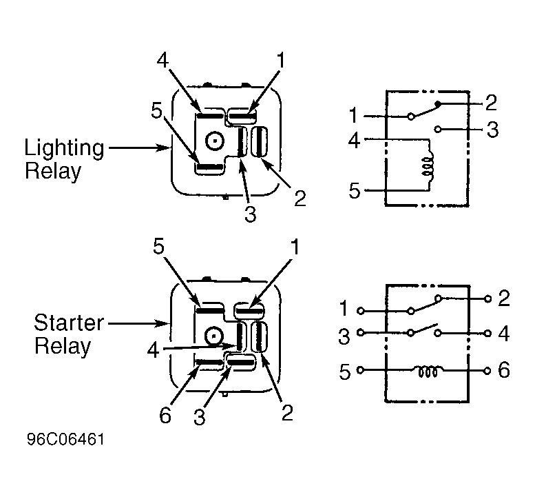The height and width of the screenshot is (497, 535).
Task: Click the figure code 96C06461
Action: tap(65, 439)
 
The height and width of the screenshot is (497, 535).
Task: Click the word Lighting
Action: tap(64, 149)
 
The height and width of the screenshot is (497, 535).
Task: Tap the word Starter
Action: tap(69, 323)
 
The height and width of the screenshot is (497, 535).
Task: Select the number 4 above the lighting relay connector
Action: tap(162, 61)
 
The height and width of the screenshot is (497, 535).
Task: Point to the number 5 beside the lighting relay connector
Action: tap(156, 111)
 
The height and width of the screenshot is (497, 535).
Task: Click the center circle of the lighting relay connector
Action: tap(215, 141)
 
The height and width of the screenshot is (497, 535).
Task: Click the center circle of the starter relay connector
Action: tap(214, 336)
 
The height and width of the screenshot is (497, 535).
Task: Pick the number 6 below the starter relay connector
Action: tap(165, 416)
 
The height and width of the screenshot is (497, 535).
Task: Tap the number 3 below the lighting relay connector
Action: tap(251, 214)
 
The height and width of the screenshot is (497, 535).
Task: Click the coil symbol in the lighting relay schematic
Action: tap(428, 166)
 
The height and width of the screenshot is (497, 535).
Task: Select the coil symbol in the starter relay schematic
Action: tap(428, 372)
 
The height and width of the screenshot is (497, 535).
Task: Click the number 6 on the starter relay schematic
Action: tap(504, 370)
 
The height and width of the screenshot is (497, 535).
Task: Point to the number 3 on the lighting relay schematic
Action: tap(492, 130)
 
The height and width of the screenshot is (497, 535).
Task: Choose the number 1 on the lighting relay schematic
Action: tap(353, 115)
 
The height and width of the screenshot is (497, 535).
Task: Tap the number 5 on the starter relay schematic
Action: tap(344, 372)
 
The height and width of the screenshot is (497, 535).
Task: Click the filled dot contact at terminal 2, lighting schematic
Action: tap(439, 103)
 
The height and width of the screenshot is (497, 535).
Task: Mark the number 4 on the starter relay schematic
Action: tap(503, 334)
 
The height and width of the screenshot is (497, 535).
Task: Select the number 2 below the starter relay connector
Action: tap(287, 413)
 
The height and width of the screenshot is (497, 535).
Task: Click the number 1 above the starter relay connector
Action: tap(295, 247)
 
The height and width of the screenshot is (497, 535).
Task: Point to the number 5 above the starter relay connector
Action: tap(158, 246)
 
